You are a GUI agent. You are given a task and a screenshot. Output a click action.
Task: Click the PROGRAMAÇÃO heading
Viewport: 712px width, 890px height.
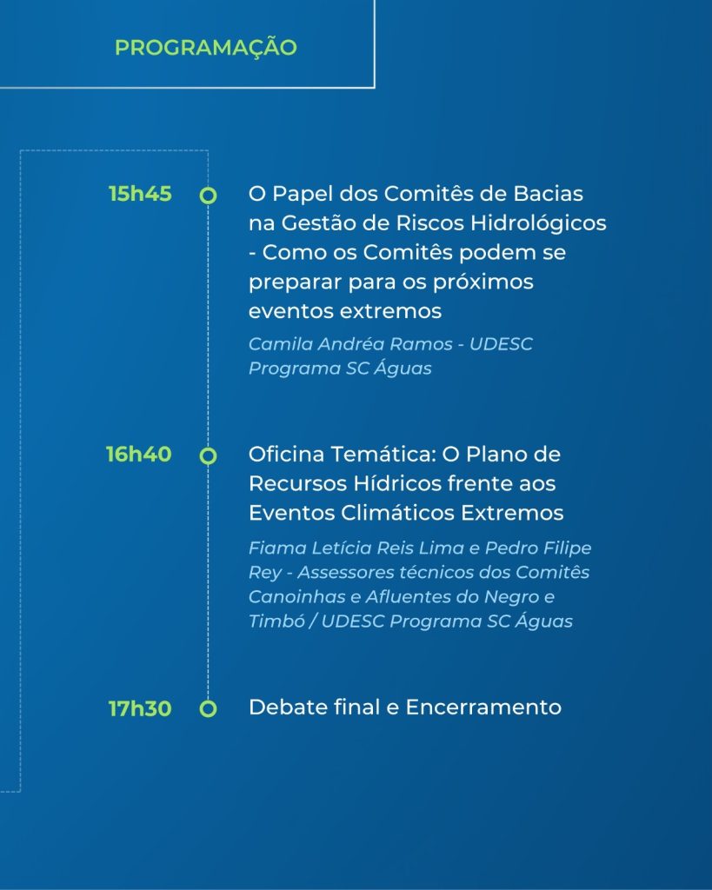tap(205, 47)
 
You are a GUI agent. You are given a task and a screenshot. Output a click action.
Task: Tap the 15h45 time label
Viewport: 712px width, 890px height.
tap(140, 194)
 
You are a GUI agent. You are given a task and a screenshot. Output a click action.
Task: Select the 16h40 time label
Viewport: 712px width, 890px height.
tap(138, 454)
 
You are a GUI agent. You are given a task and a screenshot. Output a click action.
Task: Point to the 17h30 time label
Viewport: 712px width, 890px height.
tap(140, 708)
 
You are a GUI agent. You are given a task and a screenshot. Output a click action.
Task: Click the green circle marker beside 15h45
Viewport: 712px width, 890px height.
tap(209, 196)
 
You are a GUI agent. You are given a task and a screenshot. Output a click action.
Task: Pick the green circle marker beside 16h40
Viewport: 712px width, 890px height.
tap(209, 455)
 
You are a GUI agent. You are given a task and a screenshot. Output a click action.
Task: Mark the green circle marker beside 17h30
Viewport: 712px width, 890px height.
tap(209, 709)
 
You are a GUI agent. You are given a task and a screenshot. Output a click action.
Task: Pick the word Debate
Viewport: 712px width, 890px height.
tap(286, 707)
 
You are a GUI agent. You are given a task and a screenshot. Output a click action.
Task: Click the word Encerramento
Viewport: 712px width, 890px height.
tap(483, 707)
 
